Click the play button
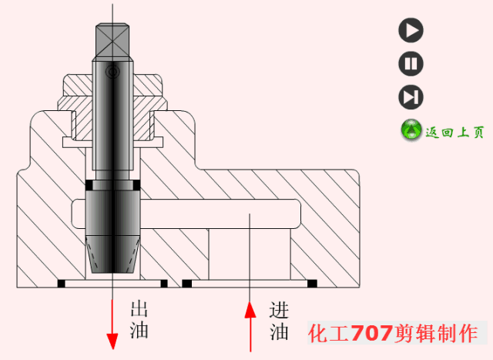tap(411, 30)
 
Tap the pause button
tap(411, 63)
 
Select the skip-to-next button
tap(411, 97)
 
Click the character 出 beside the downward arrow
tap(139, 311)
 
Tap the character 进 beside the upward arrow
tap(279, 311)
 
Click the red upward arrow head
tap(250, 310)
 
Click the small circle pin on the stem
tap(112, 73)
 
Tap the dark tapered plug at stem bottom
tap(112, 231)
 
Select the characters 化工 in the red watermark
tap(329, 334)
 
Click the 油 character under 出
tap(139, 331)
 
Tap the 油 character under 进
tap(279, 332)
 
